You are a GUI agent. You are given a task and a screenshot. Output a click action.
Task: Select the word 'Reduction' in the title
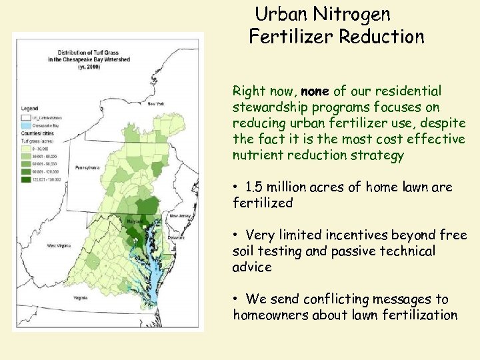coord(381,37)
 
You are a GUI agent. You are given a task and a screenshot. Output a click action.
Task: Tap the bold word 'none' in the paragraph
coord(315,91)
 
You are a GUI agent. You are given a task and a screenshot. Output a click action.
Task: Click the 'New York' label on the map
coord(156,104)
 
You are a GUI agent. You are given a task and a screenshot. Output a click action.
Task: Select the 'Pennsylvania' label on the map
coord(89,166)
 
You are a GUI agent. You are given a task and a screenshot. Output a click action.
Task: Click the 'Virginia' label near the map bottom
coord(80,297)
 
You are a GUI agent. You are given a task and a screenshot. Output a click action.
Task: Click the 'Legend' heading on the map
coord(29,108)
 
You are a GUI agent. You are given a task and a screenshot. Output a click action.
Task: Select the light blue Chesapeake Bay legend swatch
coord(27,123)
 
